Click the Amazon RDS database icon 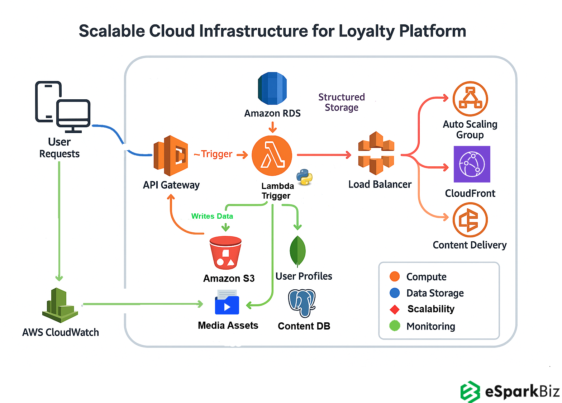[x=272, y=88]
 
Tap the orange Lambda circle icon [x=272, y=155]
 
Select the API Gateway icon [x=171, y=156]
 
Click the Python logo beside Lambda [x=304, y=177]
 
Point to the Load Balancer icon [x=376, y=153]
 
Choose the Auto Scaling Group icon [x=470, y=99]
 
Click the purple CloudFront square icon [x=472, y=164]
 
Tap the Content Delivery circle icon [x=470, y=220]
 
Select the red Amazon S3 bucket [x=225, y=253]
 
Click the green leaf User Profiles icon [x=297, y=251]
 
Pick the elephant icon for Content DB [x=302, y=303]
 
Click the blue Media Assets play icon [x=227, y=303]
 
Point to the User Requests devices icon [x=63, y=107]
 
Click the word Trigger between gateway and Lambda [x=216, y=154]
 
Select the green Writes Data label [x=212, y=216]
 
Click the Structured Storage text [x=341, y=102]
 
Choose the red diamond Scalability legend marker [x=395, y=309]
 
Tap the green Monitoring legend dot [x=395, y=326]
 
